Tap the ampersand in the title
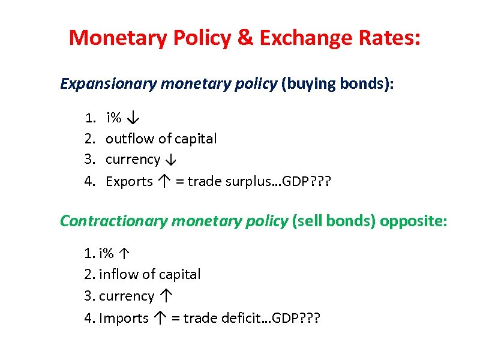[246, 38]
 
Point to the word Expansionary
[108, 83]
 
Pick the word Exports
[129, 181]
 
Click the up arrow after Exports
[164, 181]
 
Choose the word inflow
[117, 274]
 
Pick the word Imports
[124, 318]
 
